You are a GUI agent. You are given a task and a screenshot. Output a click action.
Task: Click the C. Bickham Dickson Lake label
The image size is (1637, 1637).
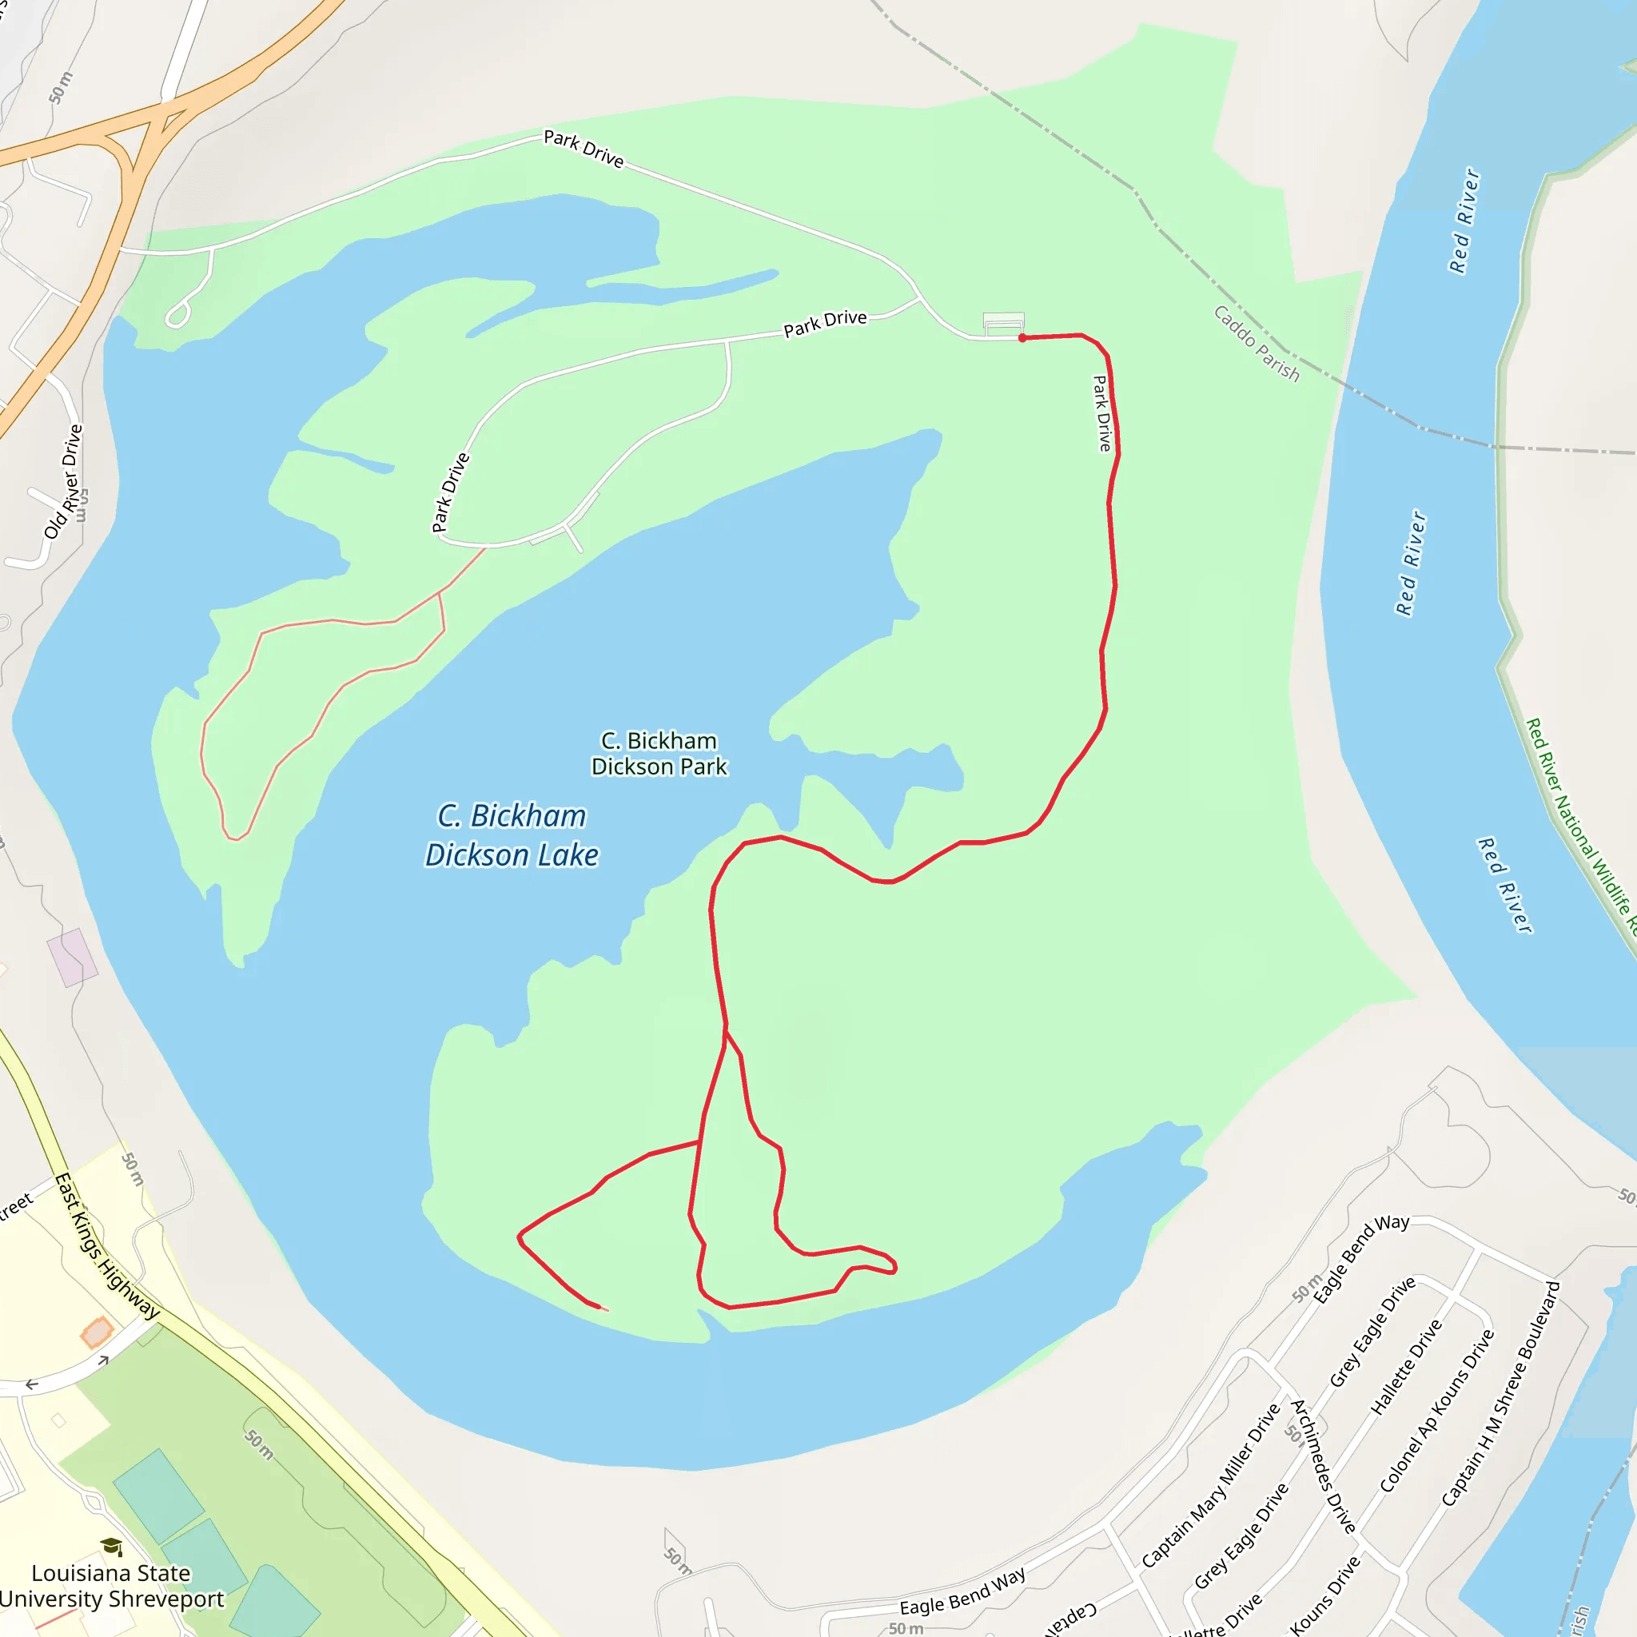click(x=512, y=835)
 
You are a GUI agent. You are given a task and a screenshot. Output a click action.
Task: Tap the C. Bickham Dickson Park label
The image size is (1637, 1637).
click(x=659, y=753)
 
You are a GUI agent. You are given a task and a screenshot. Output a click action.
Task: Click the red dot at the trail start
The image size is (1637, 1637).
click(x=1022, y=338)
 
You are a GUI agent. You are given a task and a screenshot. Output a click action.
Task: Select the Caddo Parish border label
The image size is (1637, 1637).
click(x=1256, y=343)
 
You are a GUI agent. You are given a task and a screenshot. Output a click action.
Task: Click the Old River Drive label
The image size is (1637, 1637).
click(x=64, y=481)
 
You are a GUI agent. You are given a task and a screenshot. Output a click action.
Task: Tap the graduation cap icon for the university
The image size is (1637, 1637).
click(x=111, y=1547)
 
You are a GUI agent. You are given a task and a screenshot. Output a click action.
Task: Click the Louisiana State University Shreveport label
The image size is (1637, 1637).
click(x=111, y=1585)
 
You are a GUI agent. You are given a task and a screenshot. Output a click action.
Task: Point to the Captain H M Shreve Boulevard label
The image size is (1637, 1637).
click(x=1500, y=1394)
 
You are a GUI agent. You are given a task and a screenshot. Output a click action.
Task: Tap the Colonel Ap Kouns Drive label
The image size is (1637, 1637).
click(x=1436, y=1411)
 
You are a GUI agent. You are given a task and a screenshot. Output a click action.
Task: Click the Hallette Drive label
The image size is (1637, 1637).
click(x=1407, y=1367)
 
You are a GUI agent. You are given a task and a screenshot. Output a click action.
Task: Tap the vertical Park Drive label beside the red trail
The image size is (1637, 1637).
click(x=1101, y=413)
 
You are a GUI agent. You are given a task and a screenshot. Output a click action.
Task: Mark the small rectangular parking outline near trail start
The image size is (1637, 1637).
click(x=1003, y=323)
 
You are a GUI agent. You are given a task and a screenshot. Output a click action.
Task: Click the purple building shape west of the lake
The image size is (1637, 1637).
click(x=72, y=958)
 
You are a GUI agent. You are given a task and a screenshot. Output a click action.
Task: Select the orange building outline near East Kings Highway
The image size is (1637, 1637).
click(x=98, y=1331)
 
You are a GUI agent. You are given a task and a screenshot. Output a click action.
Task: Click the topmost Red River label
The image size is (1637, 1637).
click(x=1464, y=221)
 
